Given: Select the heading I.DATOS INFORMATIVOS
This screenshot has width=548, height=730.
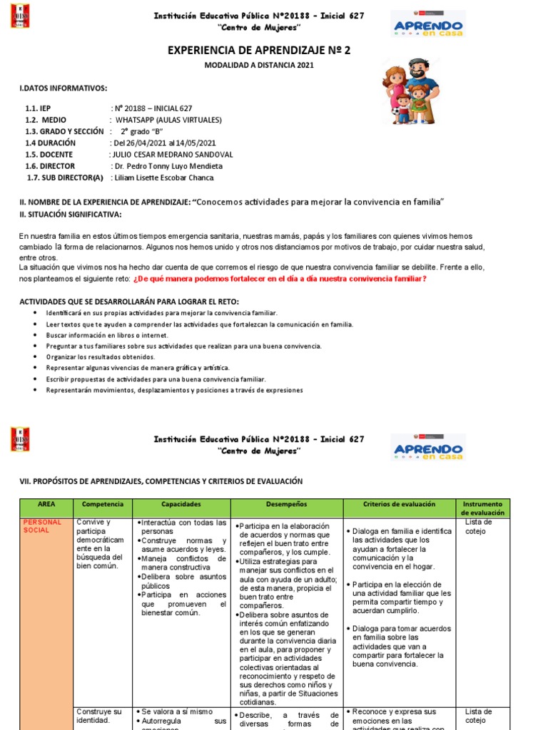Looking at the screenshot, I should (x=64, y=88).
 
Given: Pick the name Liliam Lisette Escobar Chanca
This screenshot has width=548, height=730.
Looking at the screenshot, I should (x=163, y=178).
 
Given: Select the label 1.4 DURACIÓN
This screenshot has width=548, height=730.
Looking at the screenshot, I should (x=50, y=143).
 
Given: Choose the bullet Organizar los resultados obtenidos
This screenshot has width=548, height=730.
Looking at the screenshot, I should (x=101, y=356).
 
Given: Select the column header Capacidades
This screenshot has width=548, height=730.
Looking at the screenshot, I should (x=181, y=504).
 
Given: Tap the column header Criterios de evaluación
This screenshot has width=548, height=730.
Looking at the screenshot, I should (x=399, y=504).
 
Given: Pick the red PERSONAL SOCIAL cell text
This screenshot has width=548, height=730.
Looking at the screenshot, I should (x=43, y=526).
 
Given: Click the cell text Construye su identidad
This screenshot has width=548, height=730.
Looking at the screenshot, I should (x=98, y=716).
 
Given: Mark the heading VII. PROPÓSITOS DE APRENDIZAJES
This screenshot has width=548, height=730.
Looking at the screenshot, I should (x=161, y=481).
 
